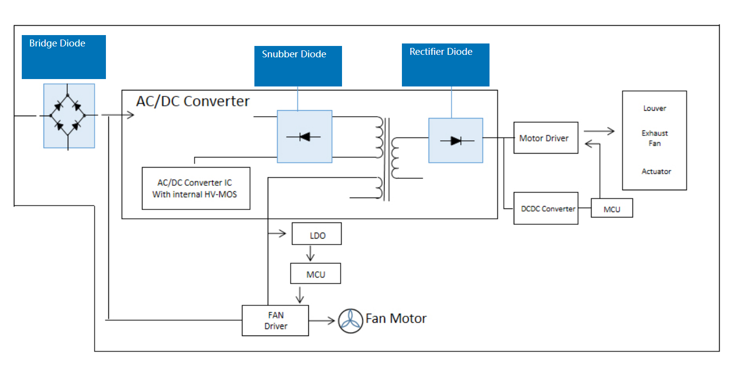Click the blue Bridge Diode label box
click(63, 56)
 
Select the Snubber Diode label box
click(298, 66)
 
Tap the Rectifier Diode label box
click(445, 65)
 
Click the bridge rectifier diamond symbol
click(68, 116)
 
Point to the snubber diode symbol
click(304, 137)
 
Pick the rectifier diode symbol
click(456, 141)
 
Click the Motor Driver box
click(545, 138)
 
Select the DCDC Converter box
click(545, 209)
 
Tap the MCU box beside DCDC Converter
click(612, 209)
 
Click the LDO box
click(317, 235)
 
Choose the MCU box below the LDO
click(315, 274)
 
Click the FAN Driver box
click(275, 321)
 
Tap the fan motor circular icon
click(350, 321)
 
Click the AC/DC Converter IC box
click(196, 188)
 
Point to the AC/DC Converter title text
click(193, 101)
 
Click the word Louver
click(654, 108)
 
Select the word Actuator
click(656, 171)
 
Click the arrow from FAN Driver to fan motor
click(322, 321)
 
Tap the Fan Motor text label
click(396, 318)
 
